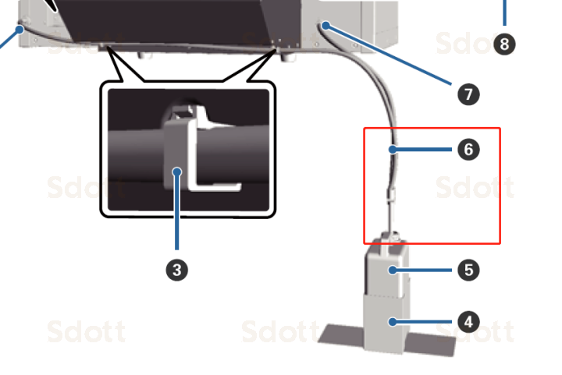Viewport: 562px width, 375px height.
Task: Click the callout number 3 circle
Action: tap(177, 270)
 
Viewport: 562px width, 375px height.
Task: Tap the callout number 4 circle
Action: tap(468, 321)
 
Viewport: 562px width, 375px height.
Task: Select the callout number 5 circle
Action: tap(468, 271)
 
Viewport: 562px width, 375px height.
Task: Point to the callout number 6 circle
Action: tap(468, 149)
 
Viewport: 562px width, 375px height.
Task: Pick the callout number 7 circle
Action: tap(468, 94)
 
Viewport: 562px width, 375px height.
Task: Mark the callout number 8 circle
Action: tap(504, 44)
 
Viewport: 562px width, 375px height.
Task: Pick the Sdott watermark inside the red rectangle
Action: tap(474, 188)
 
